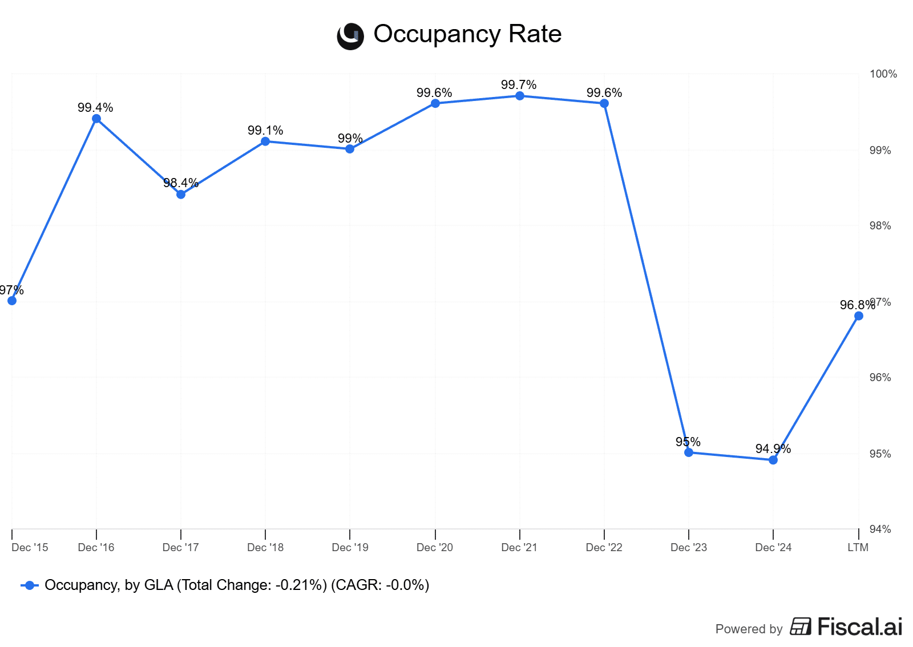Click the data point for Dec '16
pos(96,119)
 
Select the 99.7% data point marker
pos(520,96)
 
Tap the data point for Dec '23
pos(689,452)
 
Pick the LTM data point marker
pos(859,316)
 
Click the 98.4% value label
pos(181,183)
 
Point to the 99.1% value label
pos(265,131)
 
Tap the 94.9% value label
pos(773,449)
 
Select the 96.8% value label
pos(857,305)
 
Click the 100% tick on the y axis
pos(883,74)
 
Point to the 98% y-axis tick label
pos(880,226)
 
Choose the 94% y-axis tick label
pos(880,529)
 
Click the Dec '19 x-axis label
pos(350,548)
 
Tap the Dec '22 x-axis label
pos(604,548)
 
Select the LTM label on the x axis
pos(858,548)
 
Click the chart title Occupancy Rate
pos(467,34)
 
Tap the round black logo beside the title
pos(350,37)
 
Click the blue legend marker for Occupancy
pos(30,585)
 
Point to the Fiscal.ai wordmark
pos(859,627)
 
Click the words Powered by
pos(749,629)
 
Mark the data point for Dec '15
pos(12,301)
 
